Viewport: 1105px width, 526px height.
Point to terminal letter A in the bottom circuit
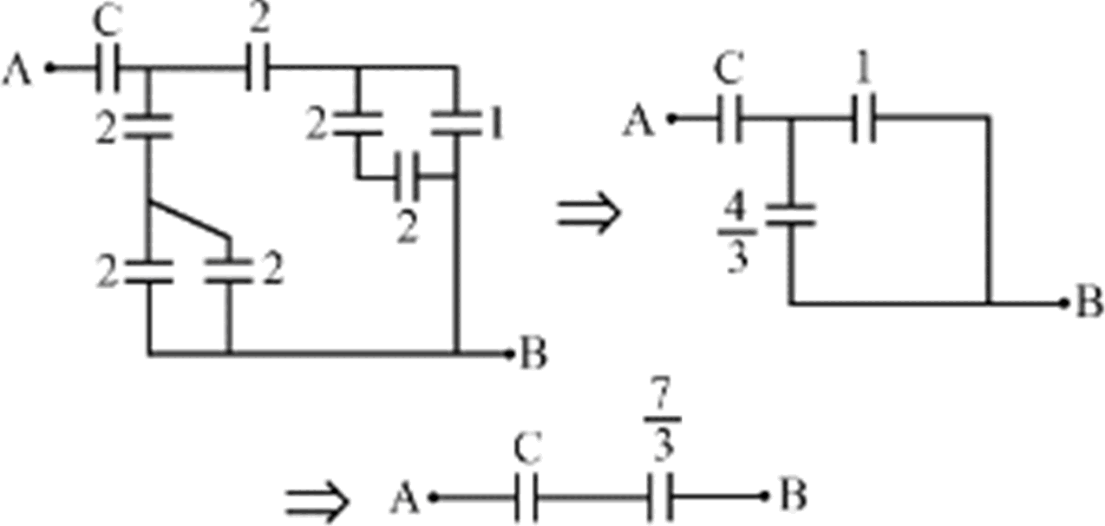pos(404,498)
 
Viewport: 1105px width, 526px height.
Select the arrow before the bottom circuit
pos(317,500)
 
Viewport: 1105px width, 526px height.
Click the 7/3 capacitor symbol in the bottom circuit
pos(663,498)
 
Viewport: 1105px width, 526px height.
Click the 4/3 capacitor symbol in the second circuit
pos(791,214)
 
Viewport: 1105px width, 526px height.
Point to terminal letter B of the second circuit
pos(1089,303)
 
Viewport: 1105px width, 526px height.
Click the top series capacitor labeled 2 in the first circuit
pos(258,66)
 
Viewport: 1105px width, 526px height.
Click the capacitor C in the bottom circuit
pos(526,498)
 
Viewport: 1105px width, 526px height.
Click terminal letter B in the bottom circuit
pos(793,496)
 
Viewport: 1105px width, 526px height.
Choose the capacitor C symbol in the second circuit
pos(729,122)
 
